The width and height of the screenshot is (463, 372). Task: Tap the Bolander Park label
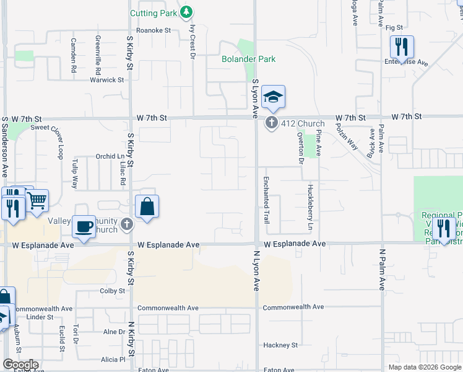[x=249, y=59]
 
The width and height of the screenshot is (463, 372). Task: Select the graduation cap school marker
[x=272, y=97]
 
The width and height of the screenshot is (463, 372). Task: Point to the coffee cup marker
[x=84, y=226]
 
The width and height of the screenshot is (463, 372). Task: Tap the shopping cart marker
[x=37, y=200]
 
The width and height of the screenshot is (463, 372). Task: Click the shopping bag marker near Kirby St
[x=147, y=206]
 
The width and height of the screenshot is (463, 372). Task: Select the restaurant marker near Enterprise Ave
[x=402, y=46]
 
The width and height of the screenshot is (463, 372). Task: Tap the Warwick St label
[x=106, y=80]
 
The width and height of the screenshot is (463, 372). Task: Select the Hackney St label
[x=280, y=345]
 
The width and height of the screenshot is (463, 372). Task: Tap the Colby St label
[x=112, y=291]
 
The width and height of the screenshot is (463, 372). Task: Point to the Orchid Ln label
[x=111, y=156]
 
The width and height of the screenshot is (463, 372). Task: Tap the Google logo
[x=21, y=365]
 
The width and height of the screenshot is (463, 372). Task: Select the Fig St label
[x=394, y=28]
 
